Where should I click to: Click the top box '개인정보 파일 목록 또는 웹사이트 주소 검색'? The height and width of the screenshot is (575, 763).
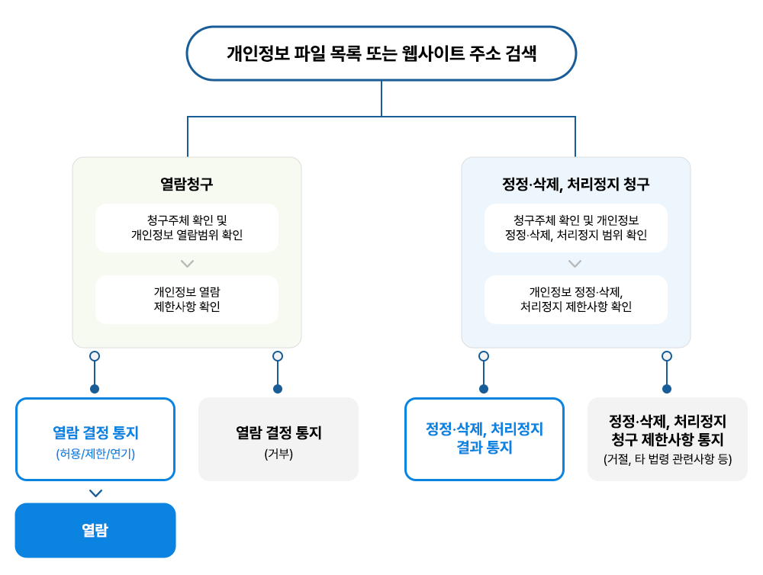pyautogui.click(x=381, y=53)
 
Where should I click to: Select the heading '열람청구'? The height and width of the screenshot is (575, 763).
pyautogui.click(x=187, y=184)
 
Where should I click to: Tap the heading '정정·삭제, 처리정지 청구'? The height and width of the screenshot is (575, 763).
pyautogui.click(x=575, y=184)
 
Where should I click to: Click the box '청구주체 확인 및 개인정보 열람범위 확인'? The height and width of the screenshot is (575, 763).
pyautogui.click(x=187, y=228)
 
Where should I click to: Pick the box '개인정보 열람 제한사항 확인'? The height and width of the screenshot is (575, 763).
pyautogui.click(x=187, y=299)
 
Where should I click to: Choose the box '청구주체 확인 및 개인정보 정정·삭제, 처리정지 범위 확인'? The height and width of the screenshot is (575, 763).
pyautogui.click(x=575, y=228)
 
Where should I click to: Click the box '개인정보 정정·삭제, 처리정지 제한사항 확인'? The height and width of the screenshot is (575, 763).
pyautogui.click(x=575, y=299)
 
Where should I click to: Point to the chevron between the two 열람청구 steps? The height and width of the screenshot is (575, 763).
pyautogui.click(x=188, y=264)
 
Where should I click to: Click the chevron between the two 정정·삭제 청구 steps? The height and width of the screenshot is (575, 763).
pyautogui.click(x=575, y=264)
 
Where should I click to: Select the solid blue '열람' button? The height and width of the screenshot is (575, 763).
pyautogui.click(x=95, y=530)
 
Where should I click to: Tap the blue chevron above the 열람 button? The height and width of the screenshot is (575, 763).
pyautogui.click(x=96, y=493)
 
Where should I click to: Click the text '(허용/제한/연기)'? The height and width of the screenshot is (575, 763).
pyautogui.click(x=95, y=454)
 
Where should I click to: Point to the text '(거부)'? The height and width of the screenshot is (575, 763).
pyautogui.click(x=278, y=454)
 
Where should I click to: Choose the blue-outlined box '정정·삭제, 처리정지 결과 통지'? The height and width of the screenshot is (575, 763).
pyautogui.click(x=485, y=438)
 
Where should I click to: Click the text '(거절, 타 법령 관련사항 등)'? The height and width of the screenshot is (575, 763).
pyautogui.click(x=668, y=459)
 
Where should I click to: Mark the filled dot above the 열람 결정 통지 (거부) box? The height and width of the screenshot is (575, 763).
pyautogui.click(x=278, y=389)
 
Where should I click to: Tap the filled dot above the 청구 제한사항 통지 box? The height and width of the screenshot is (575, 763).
pyautogui.click(x=667, y=389)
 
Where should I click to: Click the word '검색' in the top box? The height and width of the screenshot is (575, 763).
pyautogui.click(x=520, y=53)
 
